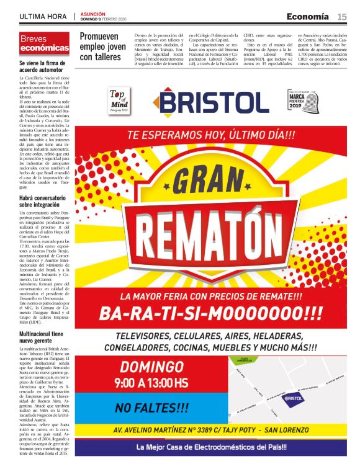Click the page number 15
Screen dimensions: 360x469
point(342,16)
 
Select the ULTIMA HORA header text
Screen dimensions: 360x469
point(44,16)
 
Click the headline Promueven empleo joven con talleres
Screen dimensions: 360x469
point(102,47)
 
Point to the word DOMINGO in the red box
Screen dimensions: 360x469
point(152,366)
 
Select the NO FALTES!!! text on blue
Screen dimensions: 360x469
point(152,408)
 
